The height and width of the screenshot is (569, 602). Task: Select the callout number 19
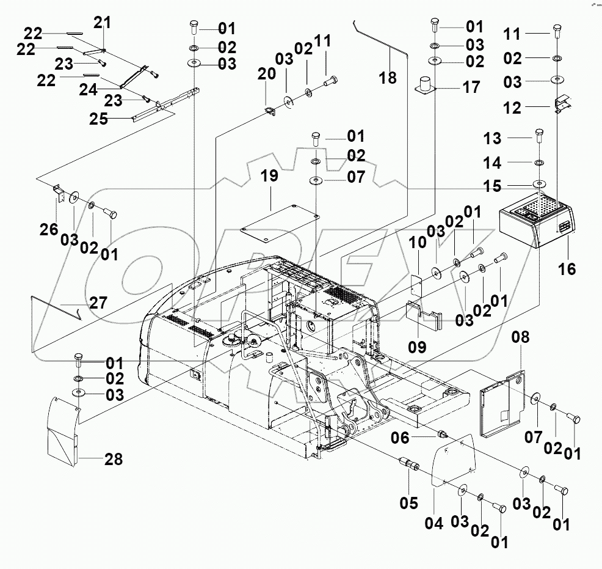tap(269, 177)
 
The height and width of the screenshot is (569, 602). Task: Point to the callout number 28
tap(113, 459)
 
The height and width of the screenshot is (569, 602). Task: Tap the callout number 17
tap(471, 87)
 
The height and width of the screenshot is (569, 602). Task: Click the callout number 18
tap(387, 78)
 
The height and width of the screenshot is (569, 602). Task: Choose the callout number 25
tap(100, 119)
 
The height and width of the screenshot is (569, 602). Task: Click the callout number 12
tap(512, 108)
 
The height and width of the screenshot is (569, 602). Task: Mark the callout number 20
tap(266, 74)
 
